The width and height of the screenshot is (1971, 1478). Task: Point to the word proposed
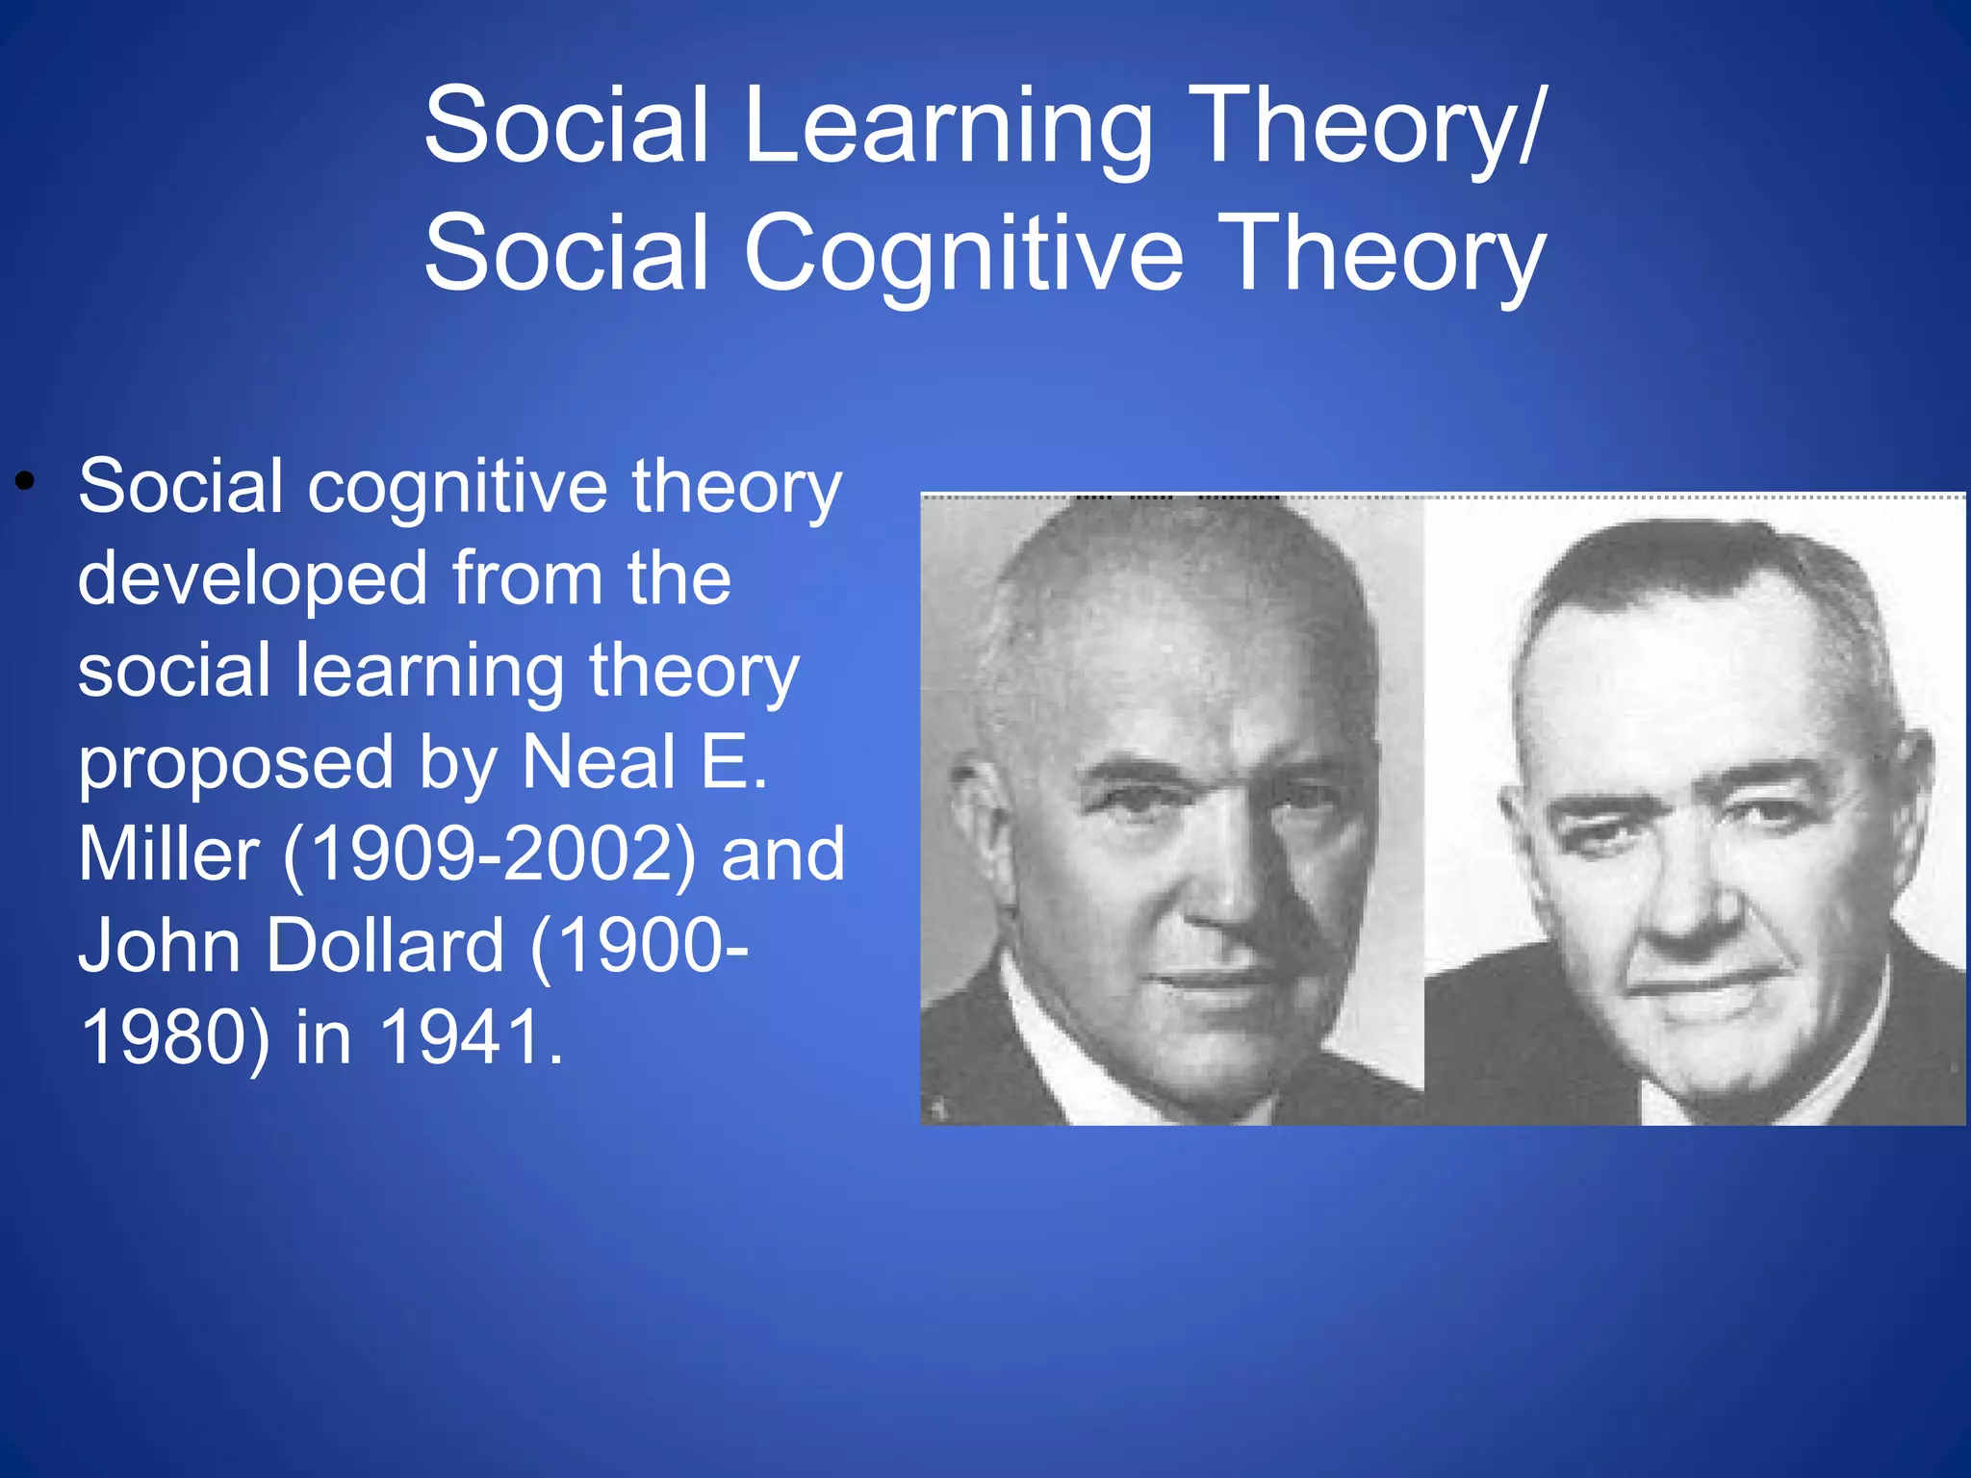[x=236, y=763]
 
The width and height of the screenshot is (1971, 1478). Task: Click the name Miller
[x=168, y=854]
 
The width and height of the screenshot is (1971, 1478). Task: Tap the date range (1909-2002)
[x=489, y=854]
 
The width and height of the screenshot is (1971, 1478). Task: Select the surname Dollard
[x=385, y=946]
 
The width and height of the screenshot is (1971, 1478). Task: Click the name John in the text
[x=159, y=946]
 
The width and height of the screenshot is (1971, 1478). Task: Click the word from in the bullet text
[x=527, y=580]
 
